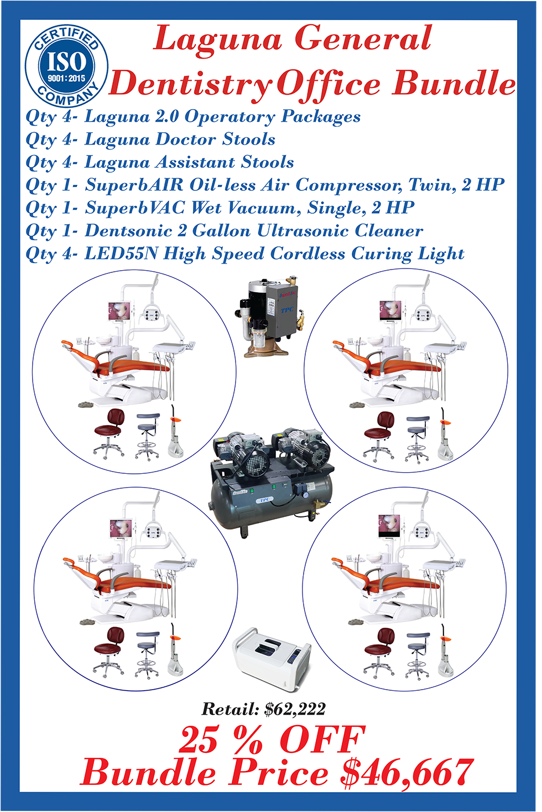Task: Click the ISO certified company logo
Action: pos(67,66)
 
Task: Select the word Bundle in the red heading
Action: pos(454,84)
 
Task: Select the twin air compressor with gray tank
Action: pos(272,482)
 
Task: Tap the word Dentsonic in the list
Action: pos(128,231)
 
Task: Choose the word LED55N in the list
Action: pos(121,254)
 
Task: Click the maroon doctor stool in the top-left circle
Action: pos(110,433)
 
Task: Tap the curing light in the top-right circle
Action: pos(445,435)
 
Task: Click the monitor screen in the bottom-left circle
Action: pos(120,529)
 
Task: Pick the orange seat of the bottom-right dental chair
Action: pos(402,583)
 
